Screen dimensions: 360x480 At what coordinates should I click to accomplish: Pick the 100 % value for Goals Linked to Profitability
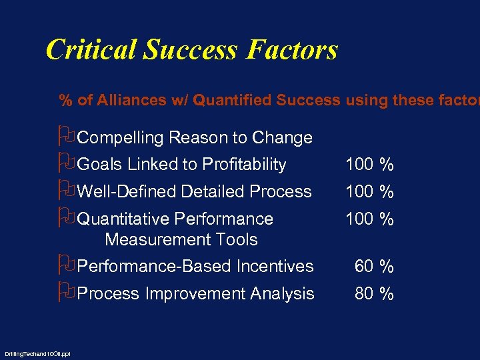click(369, 165)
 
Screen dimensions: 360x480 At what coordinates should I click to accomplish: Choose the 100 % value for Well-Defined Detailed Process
click(369, 192)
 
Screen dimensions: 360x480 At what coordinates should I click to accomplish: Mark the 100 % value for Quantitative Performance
click(369, 219)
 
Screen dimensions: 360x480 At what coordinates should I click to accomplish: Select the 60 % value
click(374, 267)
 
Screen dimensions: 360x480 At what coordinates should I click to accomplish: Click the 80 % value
click(374, 294)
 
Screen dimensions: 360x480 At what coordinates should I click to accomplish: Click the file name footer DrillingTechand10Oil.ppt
click(37, 353)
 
